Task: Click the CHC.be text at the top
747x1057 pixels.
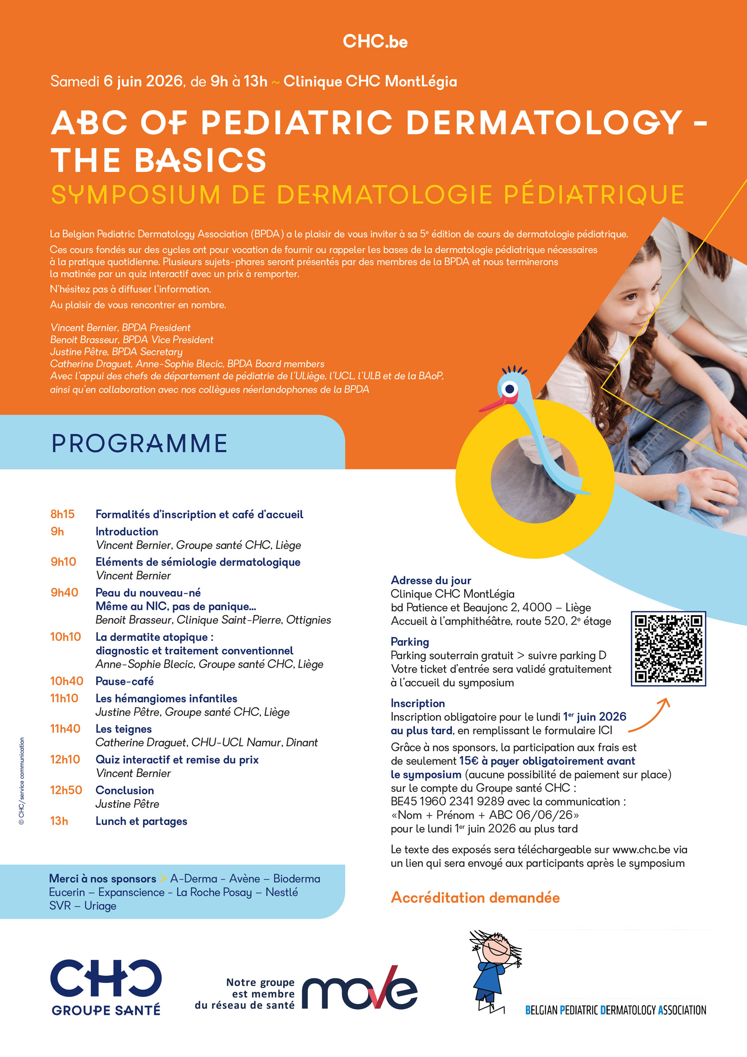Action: (x=375, y=42)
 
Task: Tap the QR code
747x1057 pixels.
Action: (x=668, y=648)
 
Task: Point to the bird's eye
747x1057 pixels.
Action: (x=509, y=389)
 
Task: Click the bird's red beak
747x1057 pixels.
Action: (x=491, y=405)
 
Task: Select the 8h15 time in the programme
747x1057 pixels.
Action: (x=62, y=514)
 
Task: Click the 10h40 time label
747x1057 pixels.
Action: (x=66, y=681)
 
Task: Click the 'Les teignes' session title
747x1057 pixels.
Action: (x=123, y=729)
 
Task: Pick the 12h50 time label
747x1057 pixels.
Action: (x=66, y=790)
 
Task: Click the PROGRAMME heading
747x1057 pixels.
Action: (x=139, y=443)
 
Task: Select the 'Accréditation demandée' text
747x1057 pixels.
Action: (x=475, y=897)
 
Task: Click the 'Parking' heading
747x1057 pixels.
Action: (x=410, y=642)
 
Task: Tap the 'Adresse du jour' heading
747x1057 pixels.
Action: (x=431, y=580)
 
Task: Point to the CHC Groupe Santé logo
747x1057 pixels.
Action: (x=106, y=987)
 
